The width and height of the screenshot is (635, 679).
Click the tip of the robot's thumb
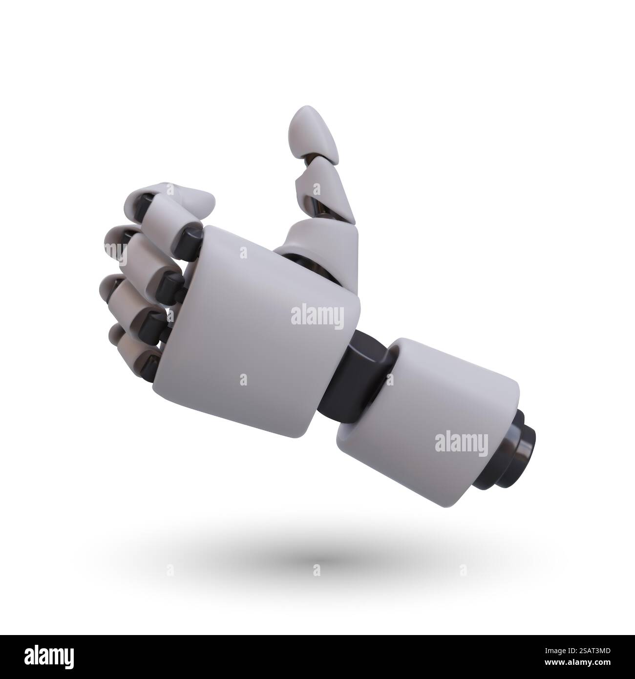[x=307, y=120]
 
